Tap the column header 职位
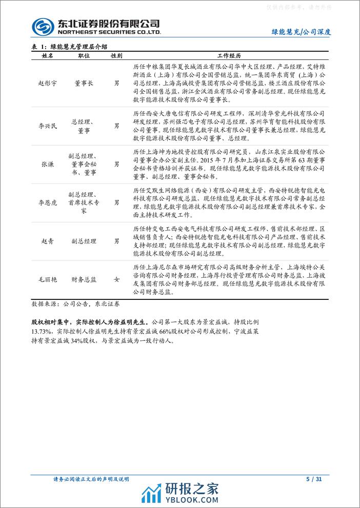coord(84,55)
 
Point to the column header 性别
coord(116,55)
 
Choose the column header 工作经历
coord(230,55)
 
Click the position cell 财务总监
coord(84,279)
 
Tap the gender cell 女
coord(116,279)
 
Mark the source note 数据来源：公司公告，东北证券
coord(75,303)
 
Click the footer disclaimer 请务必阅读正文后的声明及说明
coord(91,479)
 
